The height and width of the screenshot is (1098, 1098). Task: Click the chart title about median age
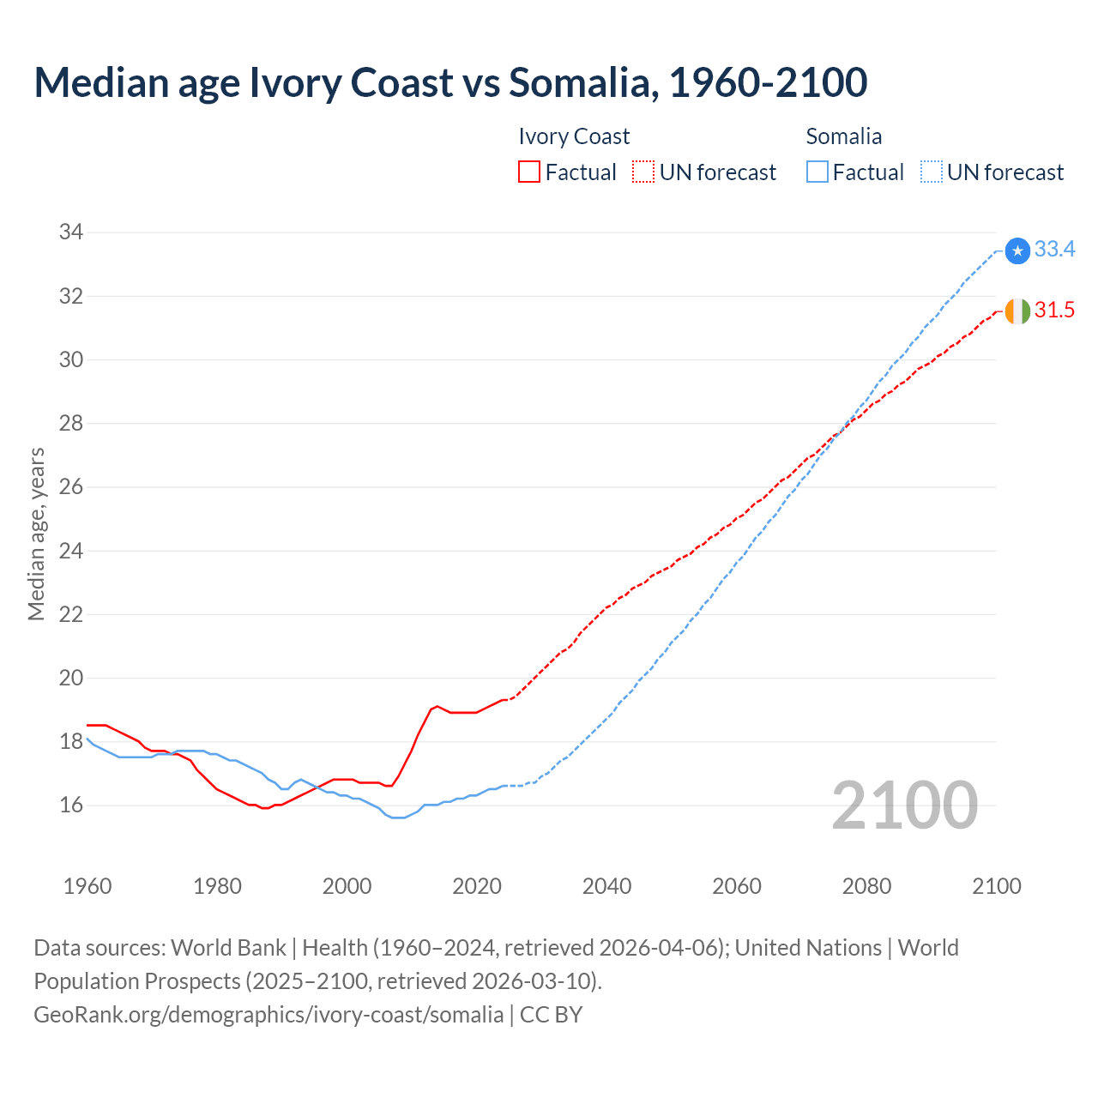tap(450, 82)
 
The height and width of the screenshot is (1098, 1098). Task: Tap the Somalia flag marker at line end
tap(1017, 250)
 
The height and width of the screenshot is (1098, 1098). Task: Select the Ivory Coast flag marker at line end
tap(1017, 311)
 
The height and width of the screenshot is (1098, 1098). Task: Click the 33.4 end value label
tap(1054, 250)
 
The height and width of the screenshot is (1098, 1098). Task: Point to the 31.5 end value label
tap(1054, 311)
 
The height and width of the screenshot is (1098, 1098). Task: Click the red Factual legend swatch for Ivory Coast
tap(529, 172)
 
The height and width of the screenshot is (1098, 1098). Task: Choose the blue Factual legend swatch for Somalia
tap(817, 172)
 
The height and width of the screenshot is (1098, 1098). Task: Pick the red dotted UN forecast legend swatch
tap(643, 172)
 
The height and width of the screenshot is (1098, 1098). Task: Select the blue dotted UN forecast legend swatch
tap(931, 172)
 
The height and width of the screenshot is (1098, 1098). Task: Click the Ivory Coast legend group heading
tap(574, 136)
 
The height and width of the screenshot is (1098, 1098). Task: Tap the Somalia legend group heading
tap(843, 136)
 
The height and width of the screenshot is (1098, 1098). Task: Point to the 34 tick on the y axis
tap(71, 232)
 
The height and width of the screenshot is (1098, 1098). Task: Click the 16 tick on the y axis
tap(71, 805)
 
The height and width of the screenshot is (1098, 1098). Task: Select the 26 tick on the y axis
tap(71, 486)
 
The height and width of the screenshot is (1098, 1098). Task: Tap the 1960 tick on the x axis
tap(87, 886)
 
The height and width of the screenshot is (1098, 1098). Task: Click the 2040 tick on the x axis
tap(606, 886)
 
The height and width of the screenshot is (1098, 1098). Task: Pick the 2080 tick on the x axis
tap(866, 886)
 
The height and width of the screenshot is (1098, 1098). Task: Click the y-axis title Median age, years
tap(36, 534)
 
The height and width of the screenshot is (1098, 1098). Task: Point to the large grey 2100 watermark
tap(905, 805)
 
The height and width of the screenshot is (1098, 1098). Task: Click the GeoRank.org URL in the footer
tap(268, 1015)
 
